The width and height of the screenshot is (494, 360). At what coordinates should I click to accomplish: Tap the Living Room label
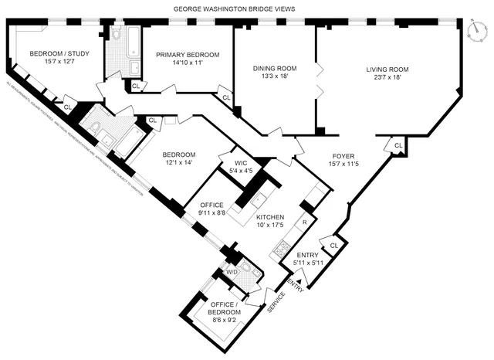[x=387, y=70]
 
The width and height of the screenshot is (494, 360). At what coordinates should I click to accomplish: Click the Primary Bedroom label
[x=188, y=55]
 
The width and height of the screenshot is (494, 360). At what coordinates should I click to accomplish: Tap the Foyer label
[x=345, y=155]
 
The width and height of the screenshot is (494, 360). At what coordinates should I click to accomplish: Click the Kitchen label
[x=270, y=217]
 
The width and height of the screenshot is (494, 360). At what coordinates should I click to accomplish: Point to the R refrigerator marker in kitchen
[x=305, y=222]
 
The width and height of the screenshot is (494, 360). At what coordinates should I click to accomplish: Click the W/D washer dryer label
[x=232, y=272]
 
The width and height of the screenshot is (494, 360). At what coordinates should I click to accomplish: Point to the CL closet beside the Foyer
[x=398, y=145]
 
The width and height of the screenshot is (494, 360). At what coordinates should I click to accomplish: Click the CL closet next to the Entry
[x=333, y=245]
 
